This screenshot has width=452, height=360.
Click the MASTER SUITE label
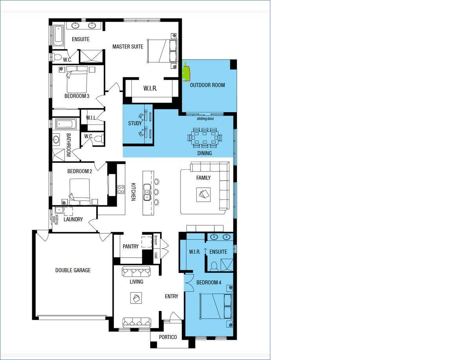click(x=128, y=46)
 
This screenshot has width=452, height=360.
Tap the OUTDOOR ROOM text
click(x=207, y=85)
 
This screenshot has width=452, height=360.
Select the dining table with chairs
click(x=205, y=138)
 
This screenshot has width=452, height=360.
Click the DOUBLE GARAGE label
click(x=73, y=270)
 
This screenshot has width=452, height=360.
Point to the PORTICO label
click(x=168, y=337)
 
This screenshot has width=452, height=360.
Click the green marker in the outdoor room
click(x=186, y=72)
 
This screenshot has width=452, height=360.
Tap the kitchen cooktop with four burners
click(x=121, y=190)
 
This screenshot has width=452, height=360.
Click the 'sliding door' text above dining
click(x=206, y=119)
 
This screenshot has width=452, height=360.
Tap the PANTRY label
click(x=131, y=246)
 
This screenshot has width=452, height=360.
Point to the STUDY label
click(x=135, y=123)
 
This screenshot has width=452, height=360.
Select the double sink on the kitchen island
click(x=147, y=192)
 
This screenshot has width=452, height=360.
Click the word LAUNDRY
click(x=73, y=219)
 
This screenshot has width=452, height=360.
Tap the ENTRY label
click(x=171, y=296)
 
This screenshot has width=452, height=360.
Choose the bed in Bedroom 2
click(x=80, y=190)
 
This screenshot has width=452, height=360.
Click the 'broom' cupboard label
click(x=156, y=240)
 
